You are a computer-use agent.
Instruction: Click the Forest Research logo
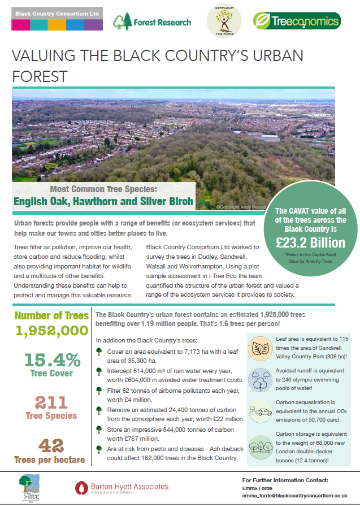[151, 22]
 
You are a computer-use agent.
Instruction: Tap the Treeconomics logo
[297, 21]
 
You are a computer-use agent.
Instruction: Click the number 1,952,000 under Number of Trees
[51, 331]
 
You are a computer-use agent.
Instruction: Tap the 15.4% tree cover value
[51, 360]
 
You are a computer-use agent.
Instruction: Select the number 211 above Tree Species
[51, 402]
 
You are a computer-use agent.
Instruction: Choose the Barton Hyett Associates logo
[122, 487]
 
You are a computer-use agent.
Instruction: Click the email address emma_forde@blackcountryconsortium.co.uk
[294, 495]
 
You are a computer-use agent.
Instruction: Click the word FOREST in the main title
[40, 76]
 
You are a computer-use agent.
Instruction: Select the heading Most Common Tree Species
[105, 189]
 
